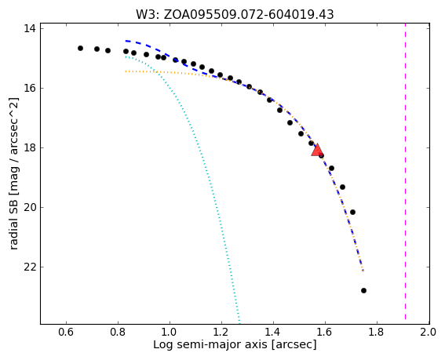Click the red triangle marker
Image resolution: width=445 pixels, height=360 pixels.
point(317,150)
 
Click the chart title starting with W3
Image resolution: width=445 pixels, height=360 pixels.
point(235,14)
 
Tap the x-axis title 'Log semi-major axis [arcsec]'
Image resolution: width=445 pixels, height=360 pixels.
point(235,344)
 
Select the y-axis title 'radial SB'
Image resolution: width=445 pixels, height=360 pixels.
point(13,173)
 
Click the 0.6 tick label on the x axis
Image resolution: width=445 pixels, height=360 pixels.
point(66,332)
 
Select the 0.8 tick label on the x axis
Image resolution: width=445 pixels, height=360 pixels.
point(118,332)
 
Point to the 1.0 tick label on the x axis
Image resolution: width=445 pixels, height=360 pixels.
point(170,332)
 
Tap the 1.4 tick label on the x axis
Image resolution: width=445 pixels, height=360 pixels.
point(273,332)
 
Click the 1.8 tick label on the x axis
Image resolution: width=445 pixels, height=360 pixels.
point(377,332)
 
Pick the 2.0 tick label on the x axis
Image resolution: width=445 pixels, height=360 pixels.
point(428,332)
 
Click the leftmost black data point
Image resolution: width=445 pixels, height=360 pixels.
point(80,48)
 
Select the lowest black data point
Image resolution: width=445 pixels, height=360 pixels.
point(363,290)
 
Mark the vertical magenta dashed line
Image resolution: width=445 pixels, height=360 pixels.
point(405,173)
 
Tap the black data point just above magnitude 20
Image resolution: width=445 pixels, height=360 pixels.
point(352,213)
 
